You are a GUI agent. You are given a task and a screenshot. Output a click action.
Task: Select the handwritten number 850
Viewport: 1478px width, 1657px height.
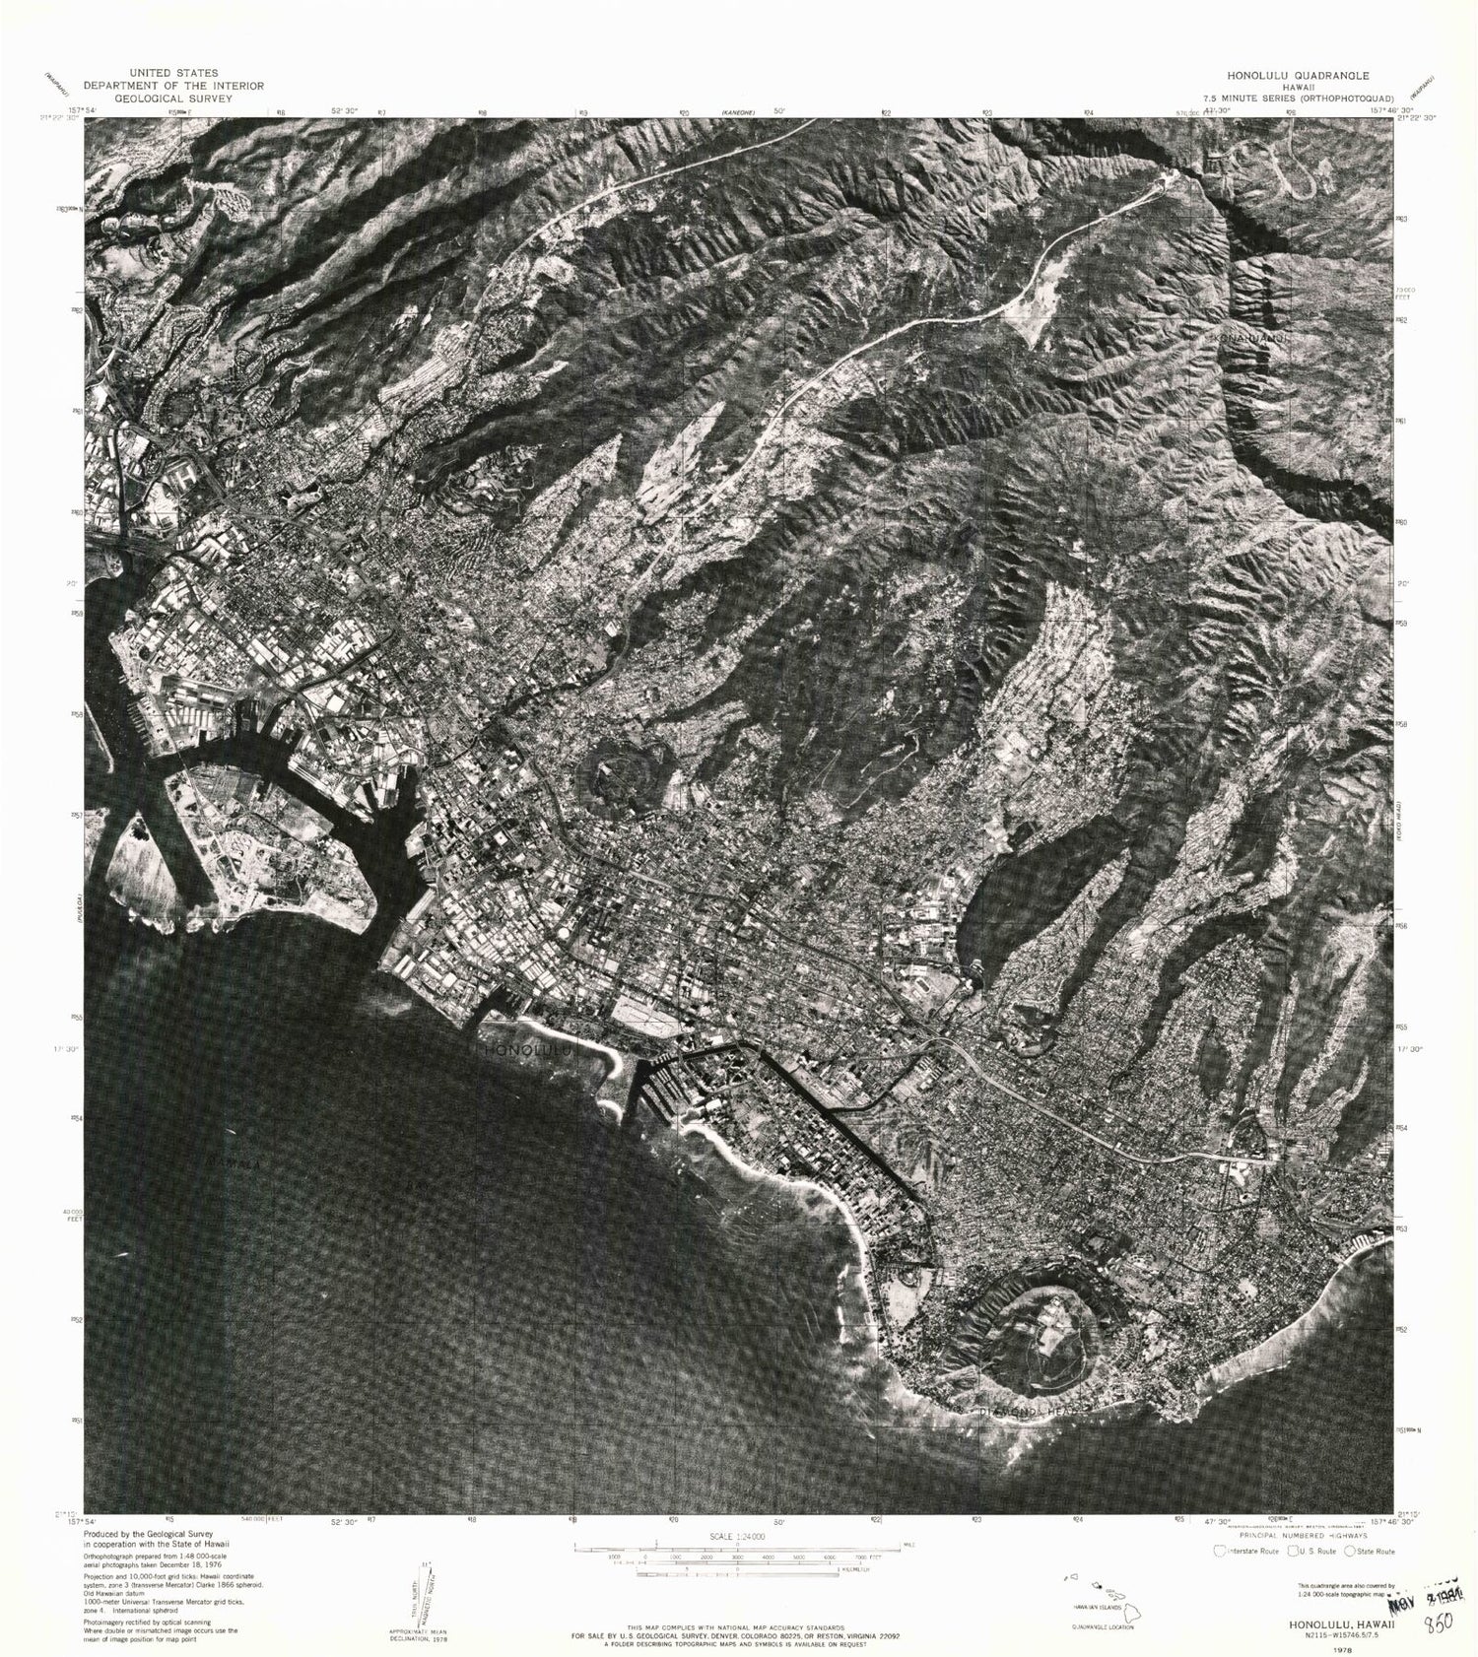[x=1440, y=1624]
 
